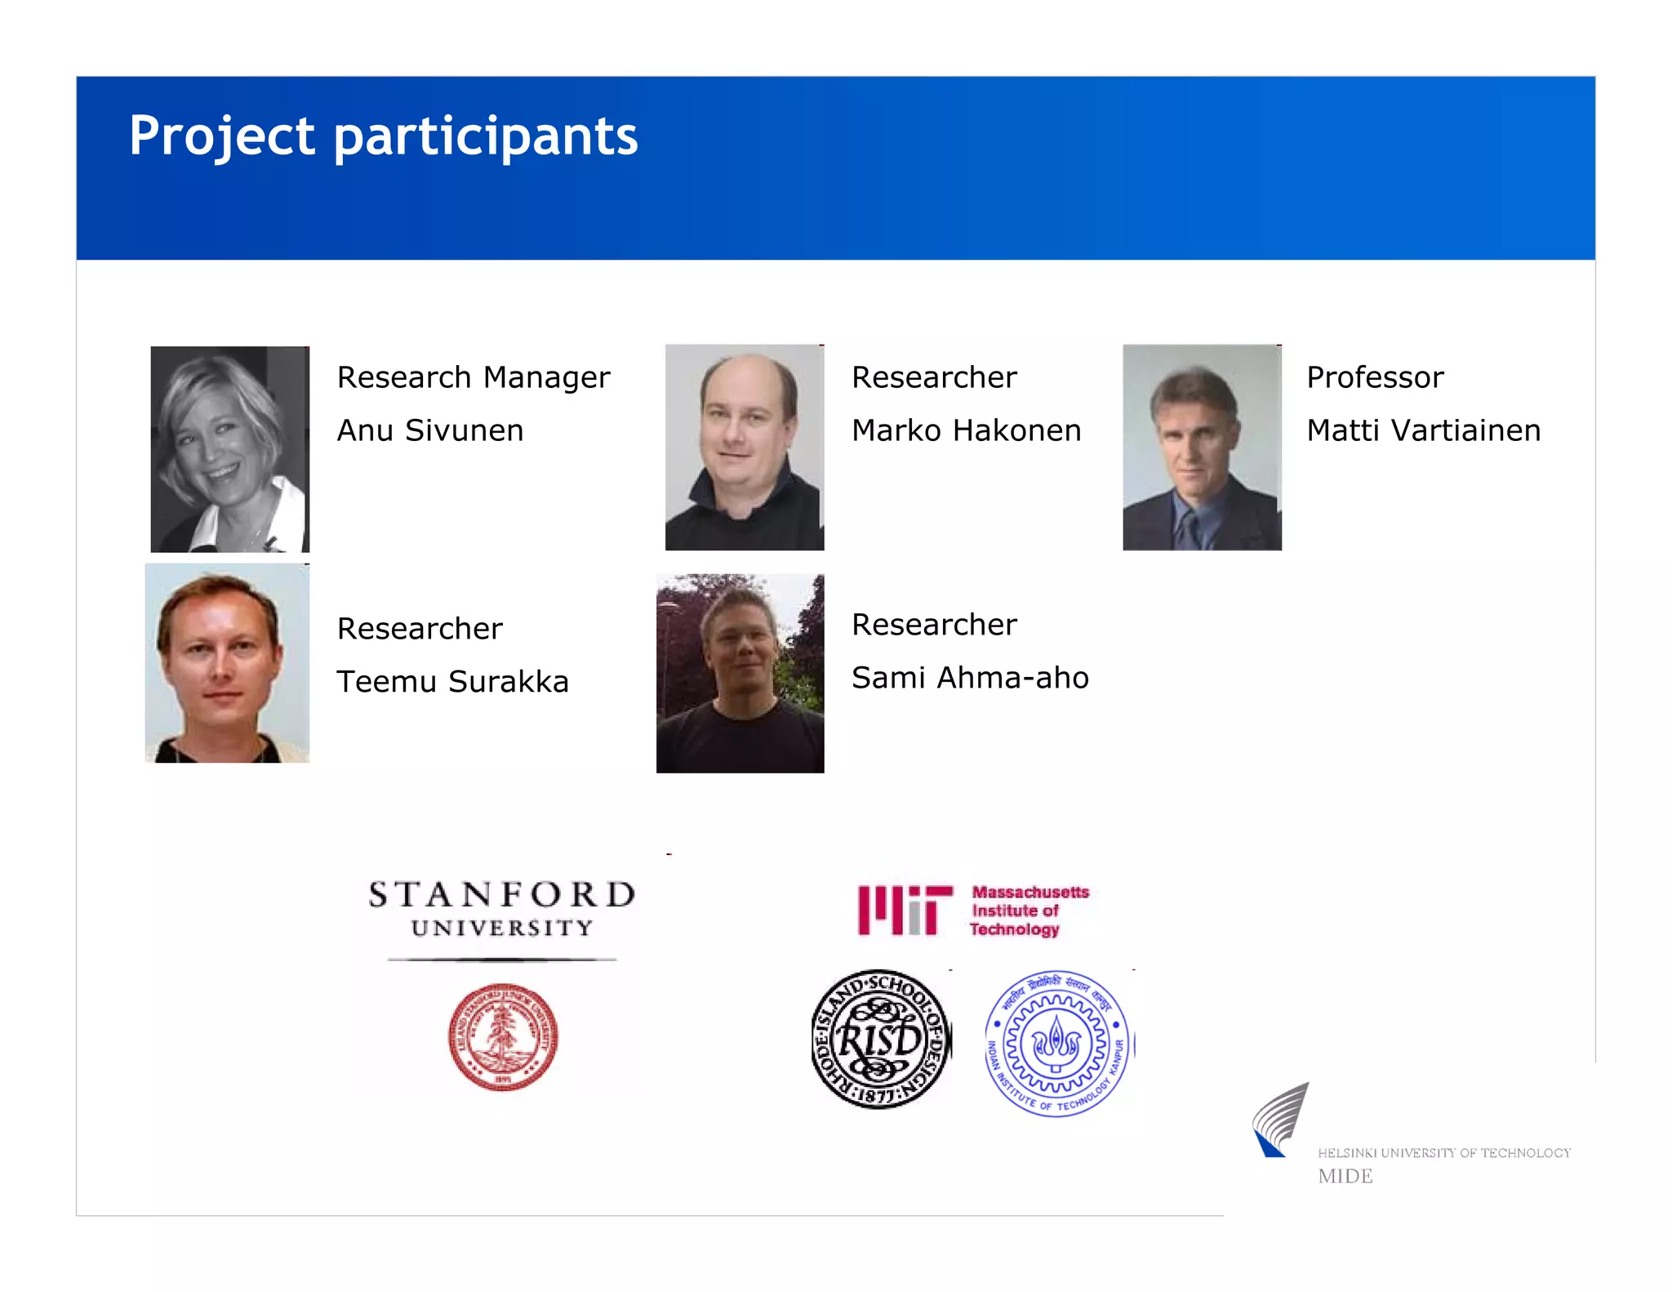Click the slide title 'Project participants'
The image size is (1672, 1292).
[x=383, y=136]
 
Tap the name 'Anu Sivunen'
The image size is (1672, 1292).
[x=430, y=430]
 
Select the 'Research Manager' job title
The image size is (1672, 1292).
[x=474, y=377]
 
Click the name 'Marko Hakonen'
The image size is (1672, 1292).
[x=966, y=430]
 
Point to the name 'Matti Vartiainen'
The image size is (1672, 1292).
[x=1423, y=430]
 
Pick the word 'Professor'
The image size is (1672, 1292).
[x=1375, y=377]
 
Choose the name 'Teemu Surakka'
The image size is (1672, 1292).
[x=452, y=681]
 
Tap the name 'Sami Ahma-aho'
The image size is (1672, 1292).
[x=970, y=678]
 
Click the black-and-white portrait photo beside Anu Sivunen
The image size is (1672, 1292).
[x=230, y=449]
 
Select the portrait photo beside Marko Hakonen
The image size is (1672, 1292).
[x=745, y=448]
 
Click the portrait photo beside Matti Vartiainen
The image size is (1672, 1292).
[x=1202, y=448]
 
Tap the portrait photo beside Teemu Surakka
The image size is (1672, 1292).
[x=227, y=663]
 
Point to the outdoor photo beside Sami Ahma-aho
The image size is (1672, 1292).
[x=740, y=673]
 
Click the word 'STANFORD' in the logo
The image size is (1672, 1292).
[x=501, y=895]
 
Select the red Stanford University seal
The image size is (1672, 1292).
[x=503, y=1036]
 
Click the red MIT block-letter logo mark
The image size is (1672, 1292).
[x=905, y=910]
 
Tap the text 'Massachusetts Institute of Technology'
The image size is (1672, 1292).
[x=1030, y=911]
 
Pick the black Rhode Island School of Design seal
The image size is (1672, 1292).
[x=881, y=1040]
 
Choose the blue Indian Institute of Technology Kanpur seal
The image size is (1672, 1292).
[x=1056, y=1043]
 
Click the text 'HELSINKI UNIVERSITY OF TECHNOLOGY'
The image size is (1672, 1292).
[x=1443, y=1153]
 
